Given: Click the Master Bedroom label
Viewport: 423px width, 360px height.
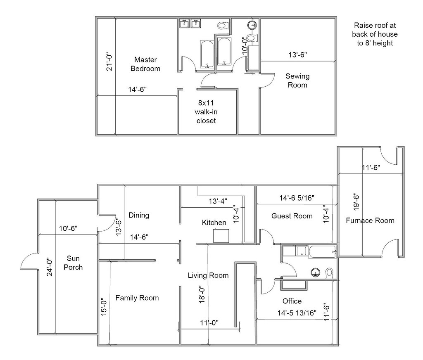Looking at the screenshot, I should pyautogui.click(x=145, y=64).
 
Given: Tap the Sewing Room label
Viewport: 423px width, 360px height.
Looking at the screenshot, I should pyautogui.click(x=297, y=81).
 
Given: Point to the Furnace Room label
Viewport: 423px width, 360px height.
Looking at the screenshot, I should pyautogui.click(x=370, y=220).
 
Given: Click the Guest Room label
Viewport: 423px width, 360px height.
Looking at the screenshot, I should pyautogui.click(x=292, y=216).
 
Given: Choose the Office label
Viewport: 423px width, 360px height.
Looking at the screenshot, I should pyautogui.click(x=292, y=301).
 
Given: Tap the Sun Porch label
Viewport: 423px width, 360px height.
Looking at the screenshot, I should pyautogui.click(x=75, y=263).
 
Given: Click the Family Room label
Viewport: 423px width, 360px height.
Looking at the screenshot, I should pyautogui.click(x=137, y=298).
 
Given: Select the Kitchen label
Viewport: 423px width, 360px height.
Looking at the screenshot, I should pyautogui.click(x=214, y=223).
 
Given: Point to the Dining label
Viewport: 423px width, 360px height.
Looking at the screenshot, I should pyautogui.click(x=138, y=215).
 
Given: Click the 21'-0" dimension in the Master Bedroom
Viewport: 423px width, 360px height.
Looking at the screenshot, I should pyautogui.click(x=109, y=61).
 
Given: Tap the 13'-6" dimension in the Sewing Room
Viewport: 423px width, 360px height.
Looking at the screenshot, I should pyautogui.click(x=297, y=54).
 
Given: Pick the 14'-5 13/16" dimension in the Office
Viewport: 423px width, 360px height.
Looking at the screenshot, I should pyautogui.click(x=297, y=313).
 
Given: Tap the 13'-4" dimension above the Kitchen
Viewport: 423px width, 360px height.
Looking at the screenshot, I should pyautogui.click(x=217, y=201).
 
